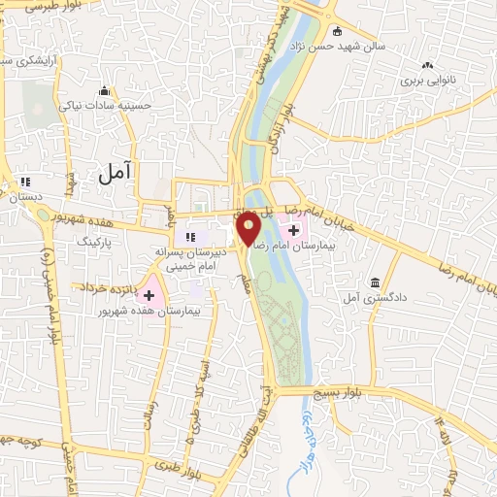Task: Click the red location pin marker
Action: tap(248, 227)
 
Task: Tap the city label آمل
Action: tap(116, 173)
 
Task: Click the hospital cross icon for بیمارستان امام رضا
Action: tap(293, 230)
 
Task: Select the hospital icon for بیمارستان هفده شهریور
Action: tap(149, 294)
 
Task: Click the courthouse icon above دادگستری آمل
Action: tap(375, 282)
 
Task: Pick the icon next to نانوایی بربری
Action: tap(426, 65)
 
